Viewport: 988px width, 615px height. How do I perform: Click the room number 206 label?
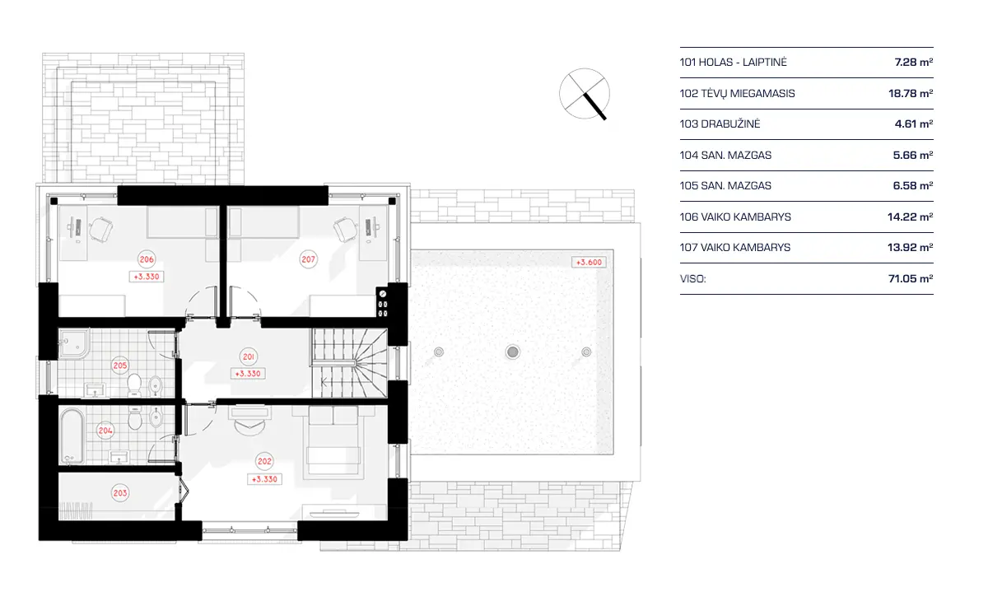[147, 260]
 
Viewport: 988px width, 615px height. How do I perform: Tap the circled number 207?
[308, 259]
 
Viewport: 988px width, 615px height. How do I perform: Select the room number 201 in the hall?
[249, 356]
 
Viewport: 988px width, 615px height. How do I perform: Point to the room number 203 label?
[120, 493]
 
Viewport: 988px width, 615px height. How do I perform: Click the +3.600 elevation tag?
[588, 263]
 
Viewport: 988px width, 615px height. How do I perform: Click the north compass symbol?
[585, 92]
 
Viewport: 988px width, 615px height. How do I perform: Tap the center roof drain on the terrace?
[513, 352]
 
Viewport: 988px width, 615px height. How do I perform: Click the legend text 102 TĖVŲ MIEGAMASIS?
[737, 93]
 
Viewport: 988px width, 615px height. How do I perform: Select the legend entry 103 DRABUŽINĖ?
[720, 124]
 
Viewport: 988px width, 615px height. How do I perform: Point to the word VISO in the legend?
[692, 279]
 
